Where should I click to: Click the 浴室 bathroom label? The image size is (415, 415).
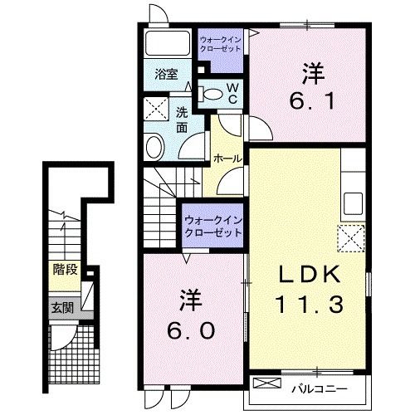[x=166, y=75]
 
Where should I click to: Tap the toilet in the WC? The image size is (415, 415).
[x=210, y=94]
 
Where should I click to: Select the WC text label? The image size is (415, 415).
[x=233, y=94]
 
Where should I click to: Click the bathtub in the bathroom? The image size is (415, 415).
[x=168, y=43]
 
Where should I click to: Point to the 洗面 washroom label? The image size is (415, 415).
[x=182, y=120]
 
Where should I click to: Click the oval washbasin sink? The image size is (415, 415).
[x=154, y=147]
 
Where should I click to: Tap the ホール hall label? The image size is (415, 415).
[x=227, y=159]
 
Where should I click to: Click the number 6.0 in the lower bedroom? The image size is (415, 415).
[x=191, y=331]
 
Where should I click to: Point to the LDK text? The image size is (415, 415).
[x=309, y=274]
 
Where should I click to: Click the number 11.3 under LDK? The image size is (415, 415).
[x=309, y=305]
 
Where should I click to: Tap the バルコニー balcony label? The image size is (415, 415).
[x=320, y=389]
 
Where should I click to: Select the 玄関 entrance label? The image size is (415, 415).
[x=63, y=308]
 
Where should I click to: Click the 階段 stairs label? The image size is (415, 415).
[x=65, y=269]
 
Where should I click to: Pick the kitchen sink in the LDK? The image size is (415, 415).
[x=353, y=204]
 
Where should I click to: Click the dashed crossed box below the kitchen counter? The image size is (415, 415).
[x=351, y=238]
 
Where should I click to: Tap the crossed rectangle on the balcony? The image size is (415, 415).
[x=266, y=383]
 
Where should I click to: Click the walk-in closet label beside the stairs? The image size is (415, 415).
[x=213, y=227]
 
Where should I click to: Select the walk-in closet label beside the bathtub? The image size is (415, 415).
[x=221, y=44]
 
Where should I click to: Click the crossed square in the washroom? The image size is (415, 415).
[x=156, y=109]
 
